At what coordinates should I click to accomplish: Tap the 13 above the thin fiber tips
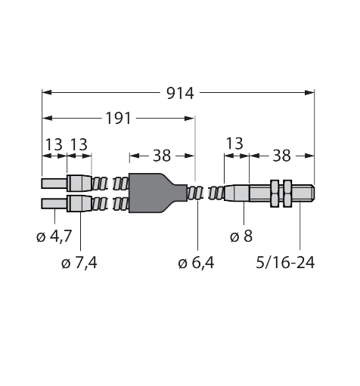(53, 144)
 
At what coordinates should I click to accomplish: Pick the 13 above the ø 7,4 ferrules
(79, 144)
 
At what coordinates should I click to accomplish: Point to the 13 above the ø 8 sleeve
(236, 144)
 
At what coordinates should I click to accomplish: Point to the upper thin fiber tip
(54, 184)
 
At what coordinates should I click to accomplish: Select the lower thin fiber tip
(54, 203)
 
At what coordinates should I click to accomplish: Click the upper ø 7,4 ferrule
(79, 184)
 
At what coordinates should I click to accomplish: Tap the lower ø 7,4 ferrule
(79, 203)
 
